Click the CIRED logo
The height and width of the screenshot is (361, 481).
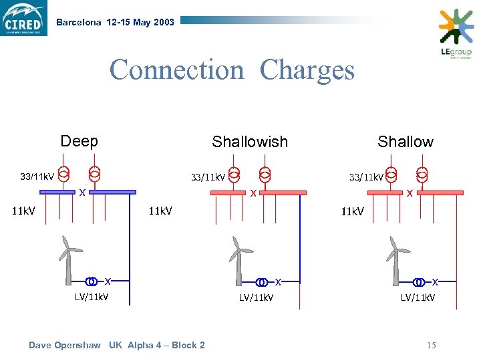[x=24, y=18]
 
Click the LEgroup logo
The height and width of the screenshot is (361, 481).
[x=456, y=34]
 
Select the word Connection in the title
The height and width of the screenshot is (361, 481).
[x=178, y=70]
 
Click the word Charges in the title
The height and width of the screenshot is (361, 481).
[x=307, y=70]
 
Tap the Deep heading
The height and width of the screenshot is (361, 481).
[x=79, y=141]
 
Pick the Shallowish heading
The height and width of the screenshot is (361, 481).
[x=249, y=142]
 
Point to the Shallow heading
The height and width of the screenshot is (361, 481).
[x=405, y=142]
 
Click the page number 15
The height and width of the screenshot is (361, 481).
[x=431, y=345]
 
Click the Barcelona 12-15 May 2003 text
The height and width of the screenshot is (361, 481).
[x=115, y=22]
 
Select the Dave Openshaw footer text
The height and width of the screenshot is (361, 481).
[x=117, y=345]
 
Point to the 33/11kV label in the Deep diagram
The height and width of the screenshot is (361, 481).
[x=37, y=176]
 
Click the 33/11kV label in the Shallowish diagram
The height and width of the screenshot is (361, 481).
[x=208, y=177]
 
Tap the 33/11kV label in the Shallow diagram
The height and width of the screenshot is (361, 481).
[x=366, y=177]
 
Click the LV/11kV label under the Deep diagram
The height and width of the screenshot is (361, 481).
[x=92, y=296]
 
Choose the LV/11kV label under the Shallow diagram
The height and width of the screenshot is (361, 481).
[x=418, y=297]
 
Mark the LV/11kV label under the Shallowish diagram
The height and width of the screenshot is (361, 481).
[x=256, y=297]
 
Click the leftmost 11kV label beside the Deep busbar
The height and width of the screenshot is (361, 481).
[x=24, y=211]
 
